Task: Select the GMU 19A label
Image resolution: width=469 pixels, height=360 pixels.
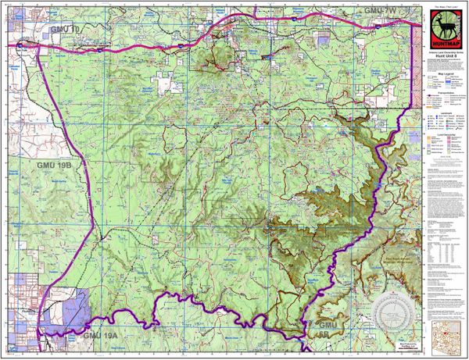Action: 99,335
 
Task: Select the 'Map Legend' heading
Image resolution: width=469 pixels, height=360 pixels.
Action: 443,76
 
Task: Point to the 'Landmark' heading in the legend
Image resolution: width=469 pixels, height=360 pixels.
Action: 443,114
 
